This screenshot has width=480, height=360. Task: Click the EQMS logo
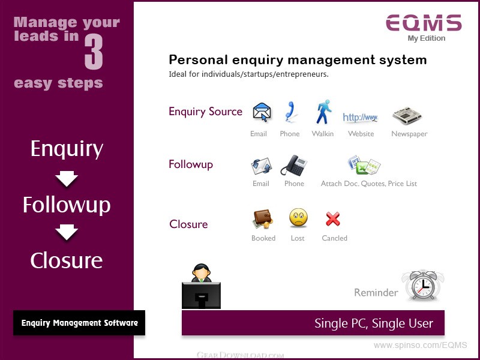(424, 23)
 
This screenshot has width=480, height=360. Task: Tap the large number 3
(94, 52)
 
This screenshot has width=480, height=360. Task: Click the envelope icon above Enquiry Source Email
(262, 112)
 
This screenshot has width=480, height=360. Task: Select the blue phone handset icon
(289, 112)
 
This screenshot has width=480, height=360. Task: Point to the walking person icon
(323, 112)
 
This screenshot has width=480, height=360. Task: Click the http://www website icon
(361, 117)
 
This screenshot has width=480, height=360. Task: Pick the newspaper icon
(407, 115)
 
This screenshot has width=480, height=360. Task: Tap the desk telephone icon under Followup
(294, 166)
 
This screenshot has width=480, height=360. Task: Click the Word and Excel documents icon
(364, 166)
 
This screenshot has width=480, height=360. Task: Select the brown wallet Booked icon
(263, 218)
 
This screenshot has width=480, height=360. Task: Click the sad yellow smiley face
(298, 218)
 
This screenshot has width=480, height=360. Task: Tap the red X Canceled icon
(333, 219)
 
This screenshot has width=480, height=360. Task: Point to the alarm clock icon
(423, 286)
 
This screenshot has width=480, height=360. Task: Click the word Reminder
(376, 292)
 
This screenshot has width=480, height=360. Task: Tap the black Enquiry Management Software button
(79, 323)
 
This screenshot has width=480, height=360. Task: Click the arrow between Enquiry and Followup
(67, 178)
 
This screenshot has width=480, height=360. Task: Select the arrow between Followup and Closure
(67, 232)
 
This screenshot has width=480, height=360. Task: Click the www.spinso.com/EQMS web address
(421, 346)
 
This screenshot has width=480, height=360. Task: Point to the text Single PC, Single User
(374, 323)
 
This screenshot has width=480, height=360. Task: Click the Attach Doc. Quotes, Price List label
(369, 184)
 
